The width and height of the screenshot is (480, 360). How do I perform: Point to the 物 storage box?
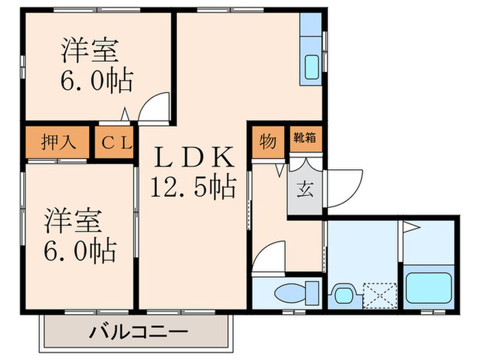click(x=268, y=142)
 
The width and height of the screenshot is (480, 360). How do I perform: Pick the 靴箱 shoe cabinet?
click(x=305, y=137)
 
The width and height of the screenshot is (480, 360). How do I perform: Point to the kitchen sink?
click(x=311, y=67)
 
